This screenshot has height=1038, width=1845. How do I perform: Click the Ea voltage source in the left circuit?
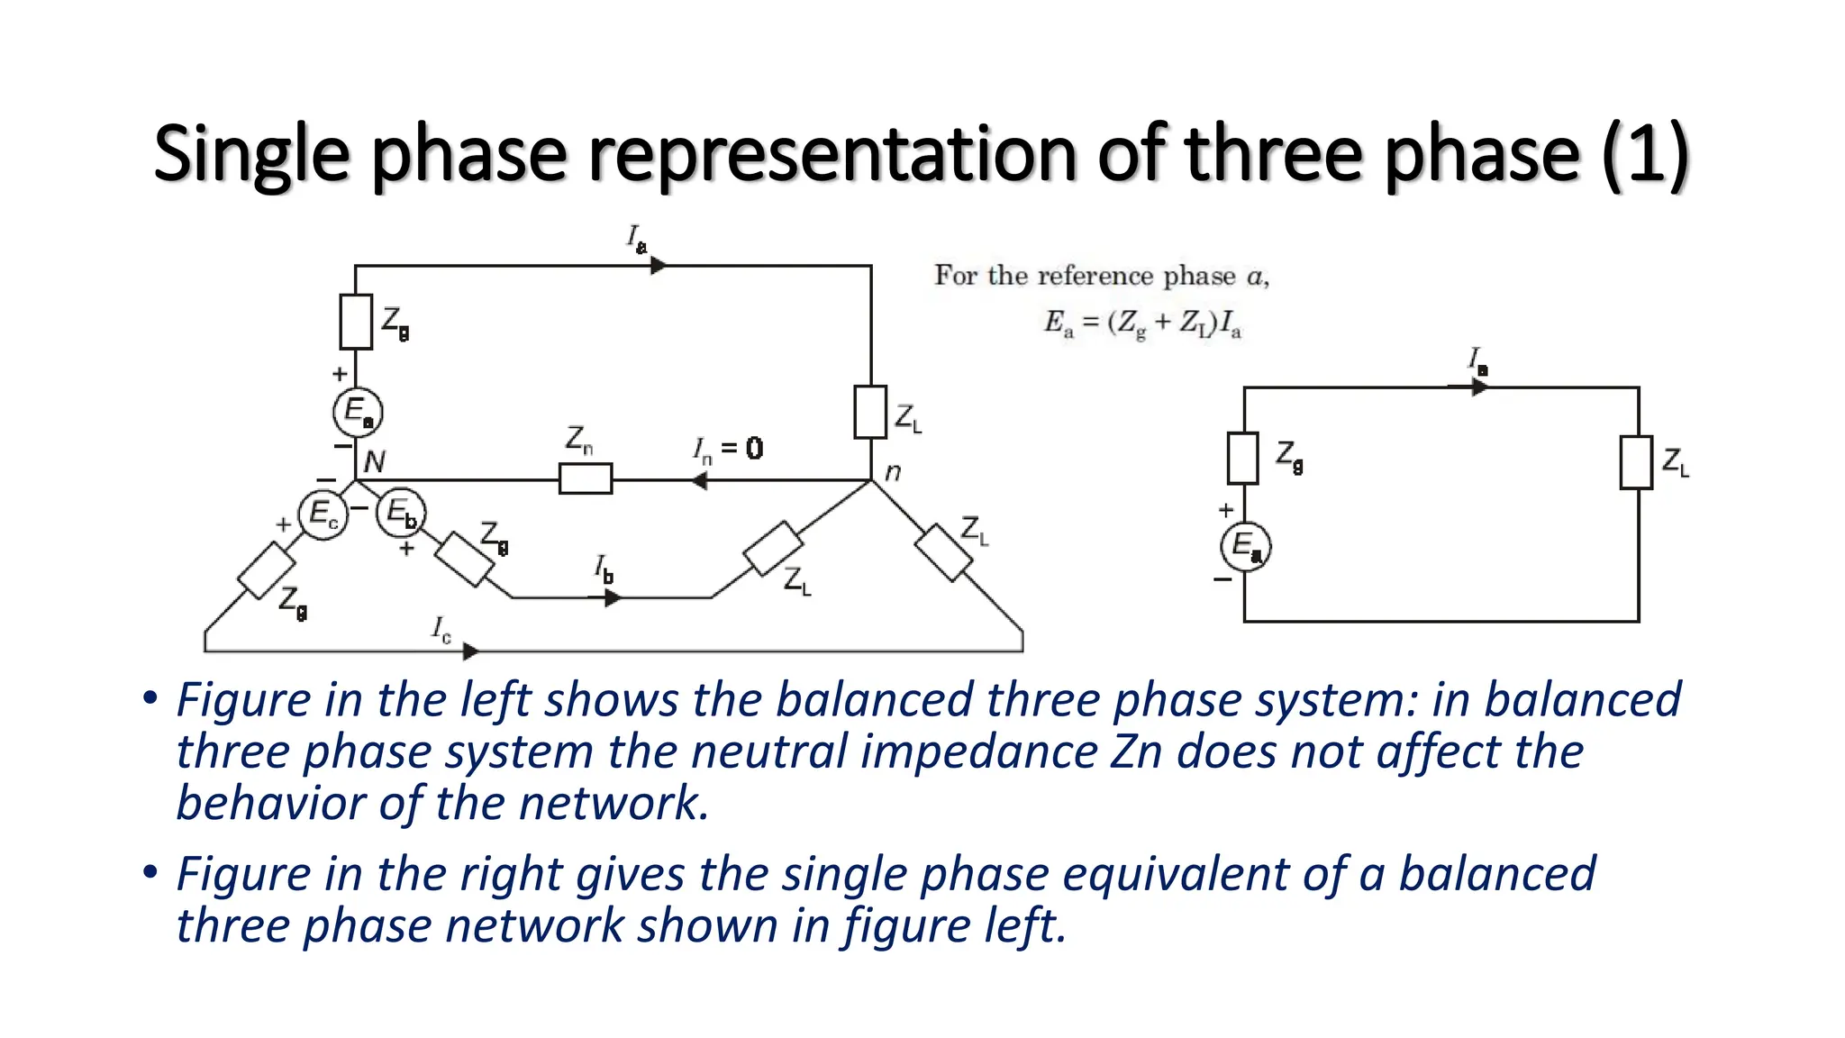pyautogui.click(x=358, y=412)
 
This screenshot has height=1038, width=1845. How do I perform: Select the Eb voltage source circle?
pyautogui.click(x=400, y=514)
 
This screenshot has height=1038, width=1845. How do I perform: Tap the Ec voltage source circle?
pyautogui.click(x=323, y=514)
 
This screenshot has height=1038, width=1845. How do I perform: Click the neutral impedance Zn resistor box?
pyautogui.click(x=586, y=478)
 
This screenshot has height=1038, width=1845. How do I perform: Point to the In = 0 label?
pyautogui.click(x=728, y=449)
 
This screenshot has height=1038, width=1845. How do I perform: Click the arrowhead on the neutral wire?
pyautogui.click(x=698, y=481)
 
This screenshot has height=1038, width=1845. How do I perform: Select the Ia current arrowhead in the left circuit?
pyautogui.click(x=659, y=266)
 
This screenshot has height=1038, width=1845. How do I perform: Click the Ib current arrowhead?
pyautogui.click(x=613, y=597)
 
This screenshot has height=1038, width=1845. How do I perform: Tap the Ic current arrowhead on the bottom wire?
pyautogui.click(x=470, y=651)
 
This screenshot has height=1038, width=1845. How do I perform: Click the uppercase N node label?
pyautogui.click(x=374, y=462)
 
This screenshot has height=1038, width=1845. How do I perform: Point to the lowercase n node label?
pyautogui.click(x=893, y=471)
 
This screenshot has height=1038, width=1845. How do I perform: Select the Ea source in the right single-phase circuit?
pyautogui.click(x=1245, y=545)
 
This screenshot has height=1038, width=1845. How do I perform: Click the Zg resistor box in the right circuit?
pyautogui.click(x=1243, y=459)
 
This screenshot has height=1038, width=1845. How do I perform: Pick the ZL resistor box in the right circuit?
pyautogui.click(x=1636, y=462)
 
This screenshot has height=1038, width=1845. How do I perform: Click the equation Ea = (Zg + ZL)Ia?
pyautogui.click(x=1142, y=323)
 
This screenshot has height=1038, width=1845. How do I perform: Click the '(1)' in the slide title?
pyautogui.click(x=1644, y=156)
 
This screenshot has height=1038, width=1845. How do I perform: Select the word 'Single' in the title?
pyautogui.click(x=250, y=156)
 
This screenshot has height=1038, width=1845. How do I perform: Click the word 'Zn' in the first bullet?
pyautogui.click(x=1136, y=751)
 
